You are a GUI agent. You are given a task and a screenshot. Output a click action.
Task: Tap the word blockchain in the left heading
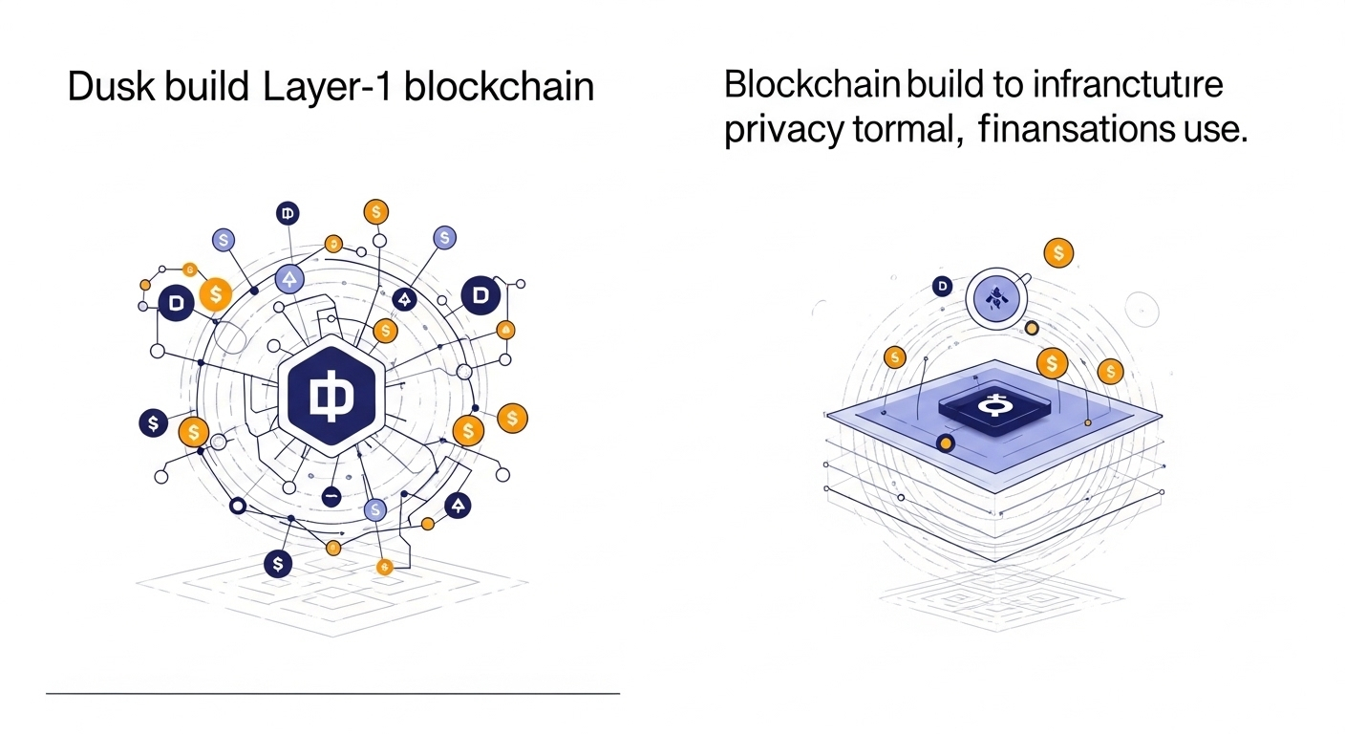(x=499, y=87)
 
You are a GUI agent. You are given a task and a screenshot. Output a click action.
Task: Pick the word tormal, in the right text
(x=906, y=128)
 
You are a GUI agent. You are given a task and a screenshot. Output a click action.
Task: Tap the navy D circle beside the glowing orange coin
(x=175, y=303)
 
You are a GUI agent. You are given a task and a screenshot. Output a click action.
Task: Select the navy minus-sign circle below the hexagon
(x=331, y=496)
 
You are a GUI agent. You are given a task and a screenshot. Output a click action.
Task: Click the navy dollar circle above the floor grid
(x=277, y=564)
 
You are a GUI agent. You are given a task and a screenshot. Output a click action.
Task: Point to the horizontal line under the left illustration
(x=332, y=692)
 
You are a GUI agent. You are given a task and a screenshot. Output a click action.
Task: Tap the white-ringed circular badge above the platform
(x=997, y=297)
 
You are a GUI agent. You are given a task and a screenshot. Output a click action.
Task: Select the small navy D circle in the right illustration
(x=943, y=285)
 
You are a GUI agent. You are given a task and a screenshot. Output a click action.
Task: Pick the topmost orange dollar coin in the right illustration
(x=1057, y=253)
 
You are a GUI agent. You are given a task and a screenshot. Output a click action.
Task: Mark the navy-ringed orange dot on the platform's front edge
(x=946, y=443)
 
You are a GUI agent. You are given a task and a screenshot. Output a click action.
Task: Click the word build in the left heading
(x=209, y=87)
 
